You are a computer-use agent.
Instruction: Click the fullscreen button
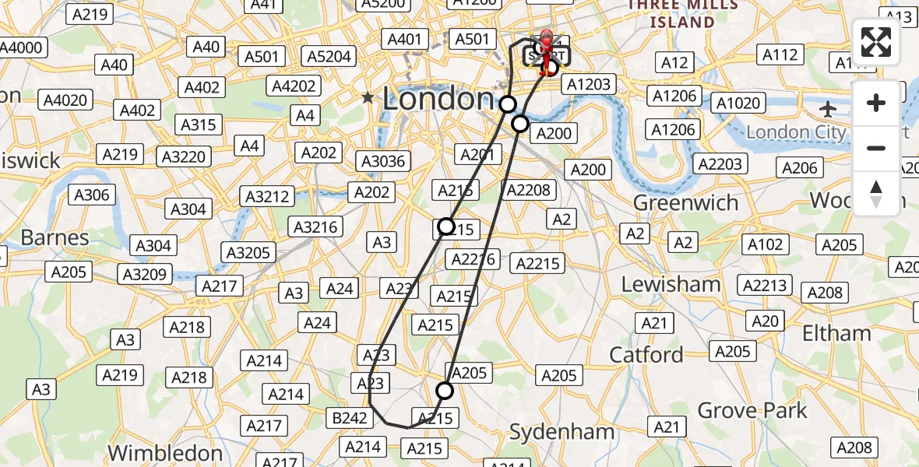[876, 42]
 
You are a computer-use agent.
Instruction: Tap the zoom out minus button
[876, 148]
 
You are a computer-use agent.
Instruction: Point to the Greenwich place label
[685, 203]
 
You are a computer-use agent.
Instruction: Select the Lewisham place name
[671, 284]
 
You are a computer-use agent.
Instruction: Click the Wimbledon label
[165, 452]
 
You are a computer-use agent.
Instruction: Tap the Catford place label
[646, 355]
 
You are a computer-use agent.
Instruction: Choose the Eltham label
[837, 334]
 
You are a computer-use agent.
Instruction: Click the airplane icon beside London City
[829, 107]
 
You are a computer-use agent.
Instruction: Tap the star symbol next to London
[368, 98]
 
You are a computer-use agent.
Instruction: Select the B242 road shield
[350, 418]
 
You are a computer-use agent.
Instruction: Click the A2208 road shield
[528, 189]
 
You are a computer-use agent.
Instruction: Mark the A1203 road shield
[589, 84]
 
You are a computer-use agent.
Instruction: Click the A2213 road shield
[765, 285]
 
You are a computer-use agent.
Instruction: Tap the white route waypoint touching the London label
[508, 104]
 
